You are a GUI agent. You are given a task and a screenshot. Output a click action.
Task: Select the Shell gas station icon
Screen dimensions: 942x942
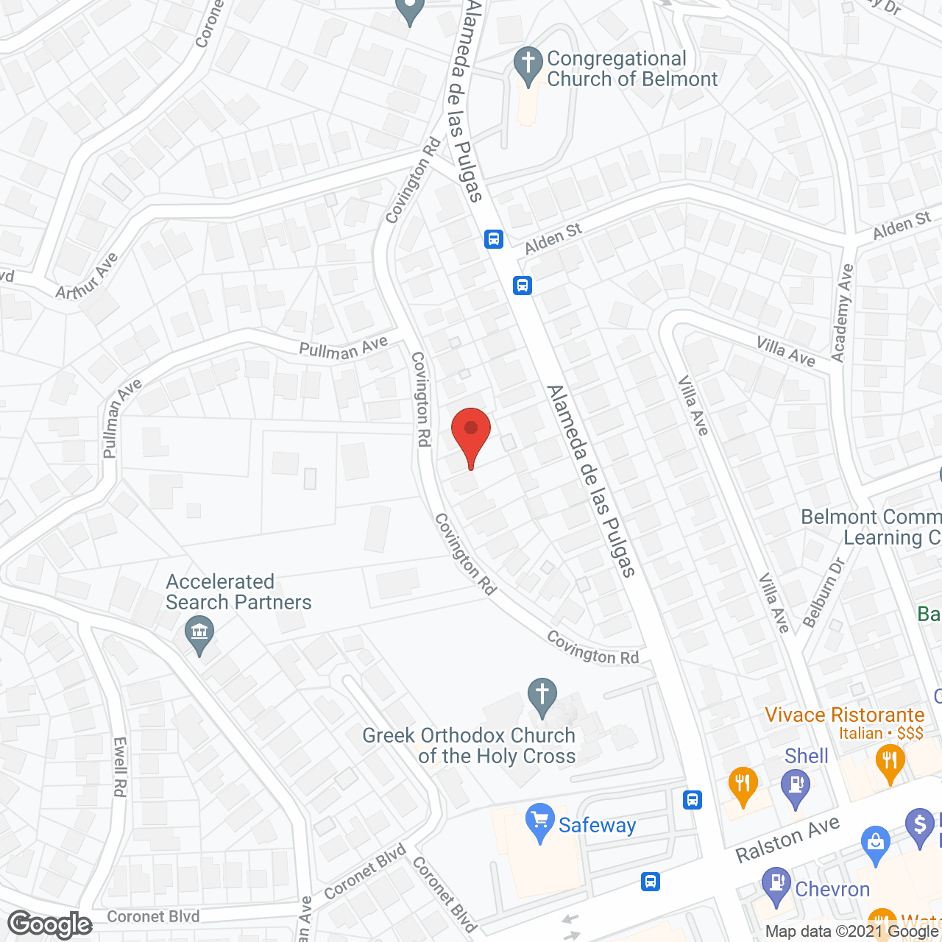(796, 786)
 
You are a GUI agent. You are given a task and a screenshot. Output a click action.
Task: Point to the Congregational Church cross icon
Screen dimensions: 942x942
(527, 65)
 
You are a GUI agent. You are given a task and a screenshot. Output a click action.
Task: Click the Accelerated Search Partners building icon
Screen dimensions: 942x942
(199, 634)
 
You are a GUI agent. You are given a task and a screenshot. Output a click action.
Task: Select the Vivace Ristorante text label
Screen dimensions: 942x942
(844, 715)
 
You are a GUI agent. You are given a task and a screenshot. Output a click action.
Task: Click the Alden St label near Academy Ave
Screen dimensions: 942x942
(902, 227)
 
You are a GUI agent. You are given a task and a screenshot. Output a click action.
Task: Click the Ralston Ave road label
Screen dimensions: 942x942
(787, 840)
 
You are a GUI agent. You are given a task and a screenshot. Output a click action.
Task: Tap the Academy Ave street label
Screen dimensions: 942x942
(843, 313)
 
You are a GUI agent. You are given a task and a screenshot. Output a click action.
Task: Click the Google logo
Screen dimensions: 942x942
(50, 924)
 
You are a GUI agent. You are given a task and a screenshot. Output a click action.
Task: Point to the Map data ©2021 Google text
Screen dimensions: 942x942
(852, 932)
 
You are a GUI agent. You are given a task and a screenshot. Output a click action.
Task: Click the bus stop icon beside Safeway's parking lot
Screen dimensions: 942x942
(692, 799)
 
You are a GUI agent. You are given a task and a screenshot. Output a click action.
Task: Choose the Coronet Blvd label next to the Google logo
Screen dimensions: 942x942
(153, 917)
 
